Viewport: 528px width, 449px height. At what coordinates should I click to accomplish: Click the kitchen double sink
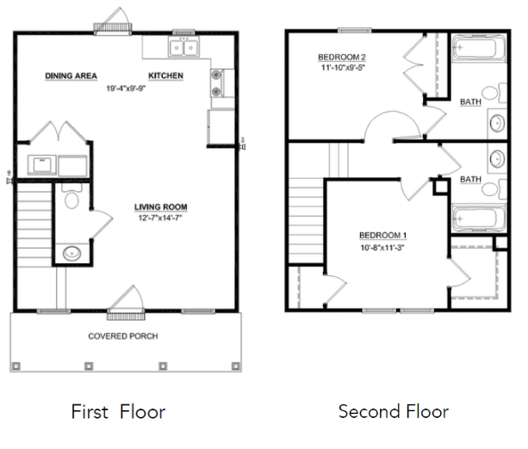[x=183, y=46]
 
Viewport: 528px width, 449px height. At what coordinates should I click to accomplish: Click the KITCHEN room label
[x=165, y=76]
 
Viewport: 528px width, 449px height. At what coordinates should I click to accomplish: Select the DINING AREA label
[x=71, y=76]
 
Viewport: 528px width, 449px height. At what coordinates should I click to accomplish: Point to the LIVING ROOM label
[x=161, y=207]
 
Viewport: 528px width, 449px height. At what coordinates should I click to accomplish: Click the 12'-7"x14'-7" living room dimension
[x=160, y=218]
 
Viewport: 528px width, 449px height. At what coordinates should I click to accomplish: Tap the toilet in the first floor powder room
[x=71, y=196]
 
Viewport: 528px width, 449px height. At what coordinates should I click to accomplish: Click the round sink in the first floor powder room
[x=72, y=253]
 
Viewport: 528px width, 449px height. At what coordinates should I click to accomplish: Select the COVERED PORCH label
[x=123, y=336]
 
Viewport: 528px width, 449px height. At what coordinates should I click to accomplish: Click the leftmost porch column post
[x=16, y=366]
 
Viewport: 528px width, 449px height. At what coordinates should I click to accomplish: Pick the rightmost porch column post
[x=236, y=366]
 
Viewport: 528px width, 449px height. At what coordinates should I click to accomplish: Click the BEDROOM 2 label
[x=342, y=57]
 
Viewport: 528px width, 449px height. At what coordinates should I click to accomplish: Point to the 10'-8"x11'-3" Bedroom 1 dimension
[x=382, y=248]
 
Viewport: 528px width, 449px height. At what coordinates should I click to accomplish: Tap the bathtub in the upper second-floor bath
[x=479, y=48]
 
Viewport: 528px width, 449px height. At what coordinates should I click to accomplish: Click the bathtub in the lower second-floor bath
[x=479, y=218]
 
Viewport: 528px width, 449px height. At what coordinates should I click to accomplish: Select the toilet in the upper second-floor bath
[x=494, y=93]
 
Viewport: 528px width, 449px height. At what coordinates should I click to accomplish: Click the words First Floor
[x=118, y=412]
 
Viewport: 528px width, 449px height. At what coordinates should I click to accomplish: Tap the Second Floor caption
[x=394, y=412]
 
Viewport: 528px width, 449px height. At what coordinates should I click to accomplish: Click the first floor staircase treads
[x=34, y=224]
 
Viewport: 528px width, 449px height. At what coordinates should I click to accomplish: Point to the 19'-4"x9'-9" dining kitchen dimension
[x=126, y=89]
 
